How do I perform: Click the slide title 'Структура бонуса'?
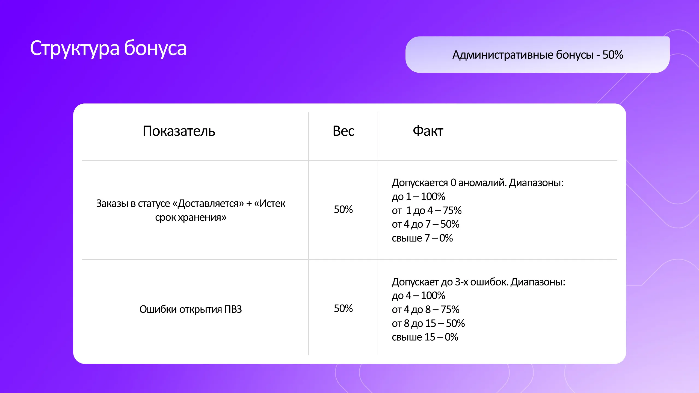(108, 48)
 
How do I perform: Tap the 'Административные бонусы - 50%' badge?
(537, 55)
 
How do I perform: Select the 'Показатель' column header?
(179, 131)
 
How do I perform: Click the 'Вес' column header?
(343, 131)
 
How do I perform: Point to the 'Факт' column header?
(428, 131)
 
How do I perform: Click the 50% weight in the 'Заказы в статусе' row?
(343, 210)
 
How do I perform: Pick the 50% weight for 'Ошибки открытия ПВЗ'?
(343, 309)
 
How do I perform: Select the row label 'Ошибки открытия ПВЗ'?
(191, 309)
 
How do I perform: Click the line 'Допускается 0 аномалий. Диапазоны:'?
(478, 183)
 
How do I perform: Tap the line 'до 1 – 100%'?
(418, 196)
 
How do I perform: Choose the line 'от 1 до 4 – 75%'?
(426, 210)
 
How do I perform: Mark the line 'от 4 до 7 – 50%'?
(425, 224)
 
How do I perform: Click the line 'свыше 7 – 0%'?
(422, 238)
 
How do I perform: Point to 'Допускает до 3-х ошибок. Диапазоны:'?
(478, 282)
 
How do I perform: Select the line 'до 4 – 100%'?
(418, 296)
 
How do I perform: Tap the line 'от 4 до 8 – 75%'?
(425, 309)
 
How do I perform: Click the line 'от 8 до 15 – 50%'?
(428, 323)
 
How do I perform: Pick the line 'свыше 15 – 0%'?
(425, 337)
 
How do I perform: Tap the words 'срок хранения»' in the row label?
(191, 218)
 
